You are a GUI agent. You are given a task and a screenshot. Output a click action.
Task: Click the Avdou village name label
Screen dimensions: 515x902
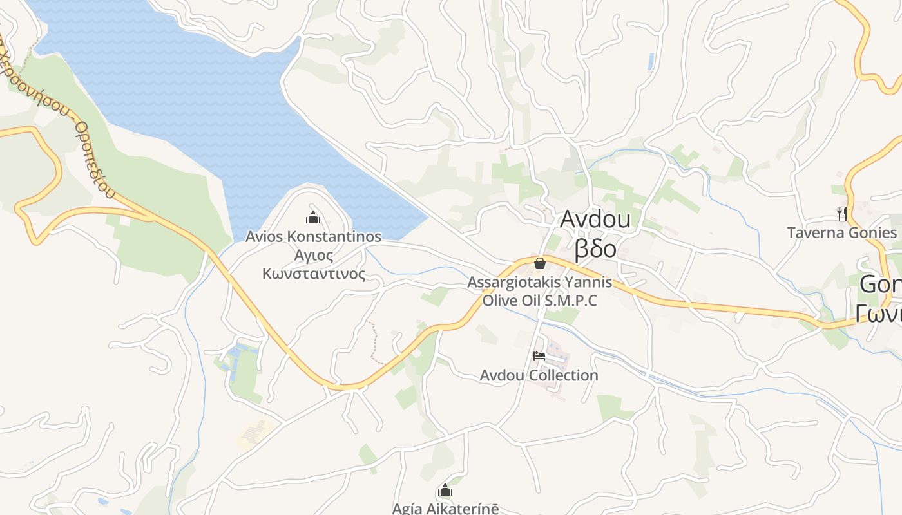coord(595,220)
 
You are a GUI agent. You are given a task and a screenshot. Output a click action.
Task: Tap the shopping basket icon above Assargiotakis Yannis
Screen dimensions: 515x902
coord(540,263)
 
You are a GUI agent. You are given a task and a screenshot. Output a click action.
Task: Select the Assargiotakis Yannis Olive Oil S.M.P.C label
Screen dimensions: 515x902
coord(540,291)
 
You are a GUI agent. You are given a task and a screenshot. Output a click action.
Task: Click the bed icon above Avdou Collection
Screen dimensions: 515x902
coord(539,355)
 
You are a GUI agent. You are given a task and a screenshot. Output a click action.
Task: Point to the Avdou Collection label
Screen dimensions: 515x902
coord(539,375)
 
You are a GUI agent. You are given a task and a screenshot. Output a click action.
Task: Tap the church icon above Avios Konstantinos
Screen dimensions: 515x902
coord(313,218)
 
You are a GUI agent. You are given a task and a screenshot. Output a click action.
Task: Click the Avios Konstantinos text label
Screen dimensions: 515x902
coord(313,236)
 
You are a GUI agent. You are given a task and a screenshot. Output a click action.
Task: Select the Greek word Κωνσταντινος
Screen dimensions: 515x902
coord(313,274)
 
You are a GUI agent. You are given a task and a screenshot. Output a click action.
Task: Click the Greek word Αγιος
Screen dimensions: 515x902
coord(313,256)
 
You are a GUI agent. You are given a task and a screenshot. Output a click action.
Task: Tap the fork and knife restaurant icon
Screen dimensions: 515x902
coord(841,213)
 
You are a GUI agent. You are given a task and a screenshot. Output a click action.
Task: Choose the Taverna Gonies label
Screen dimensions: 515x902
coord(841,232)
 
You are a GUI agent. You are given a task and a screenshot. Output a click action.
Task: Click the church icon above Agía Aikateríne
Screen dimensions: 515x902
coord(445,491)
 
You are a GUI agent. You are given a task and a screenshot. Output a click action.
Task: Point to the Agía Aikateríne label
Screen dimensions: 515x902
coord(445,509)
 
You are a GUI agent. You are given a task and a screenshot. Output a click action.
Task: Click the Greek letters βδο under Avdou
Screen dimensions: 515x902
coord(595,248)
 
